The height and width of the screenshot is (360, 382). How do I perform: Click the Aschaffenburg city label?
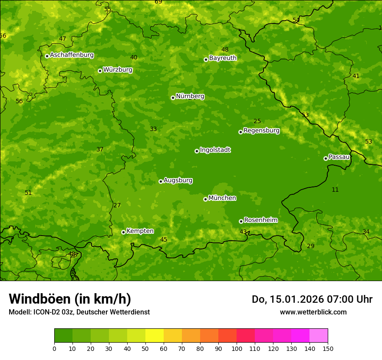[x=72, y=55]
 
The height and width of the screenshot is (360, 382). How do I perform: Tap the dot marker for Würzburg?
[x=100, y=71]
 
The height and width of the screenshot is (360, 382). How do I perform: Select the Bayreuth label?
[x=223, y=58]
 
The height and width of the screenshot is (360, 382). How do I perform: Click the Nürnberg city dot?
[x=173, y=98]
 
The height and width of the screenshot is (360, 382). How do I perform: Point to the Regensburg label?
[x=261, y=130]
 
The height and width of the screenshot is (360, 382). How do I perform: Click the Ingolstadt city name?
[x=215, y=150]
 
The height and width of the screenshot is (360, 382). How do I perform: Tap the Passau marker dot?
[x=326, y=158]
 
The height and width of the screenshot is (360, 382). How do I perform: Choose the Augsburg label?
[x=178, y=180]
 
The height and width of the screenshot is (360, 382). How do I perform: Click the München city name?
[x=222, y=198]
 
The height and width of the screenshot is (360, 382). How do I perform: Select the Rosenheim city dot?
[x=241, y=221]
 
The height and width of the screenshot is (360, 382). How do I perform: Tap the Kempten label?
[x=140, y=231]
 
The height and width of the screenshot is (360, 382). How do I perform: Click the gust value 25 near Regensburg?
[x=257, y=121]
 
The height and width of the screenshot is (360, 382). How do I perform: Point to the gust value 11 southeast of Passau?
[x=335, y=190]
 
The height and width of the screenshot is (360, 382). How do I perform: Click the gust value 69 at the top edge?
[x=158, y=2]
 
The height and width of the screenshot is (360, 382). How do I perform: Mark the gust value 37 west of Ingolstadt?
[x=100, y=149]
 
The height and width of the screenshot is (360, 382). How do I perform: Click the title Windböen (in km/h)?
[x=70, y=299]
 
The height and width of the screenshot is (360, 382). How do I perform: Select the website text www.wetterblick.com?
[x=313, y=312]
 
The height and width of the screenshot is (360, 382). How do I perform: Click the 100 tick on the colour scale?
[x=237, y=348]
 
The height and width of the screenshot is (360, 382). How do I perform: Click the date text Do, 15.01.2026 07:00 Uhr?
[x=312, y=299]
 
